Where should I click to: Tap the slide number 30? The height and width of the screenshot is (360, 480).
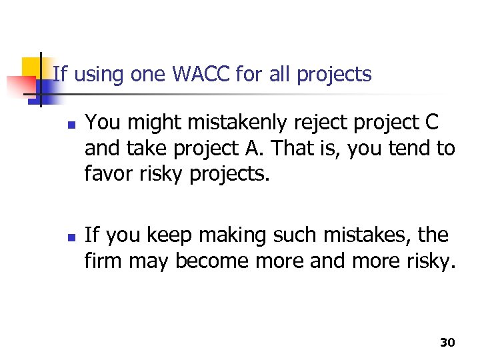[447, 342]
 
